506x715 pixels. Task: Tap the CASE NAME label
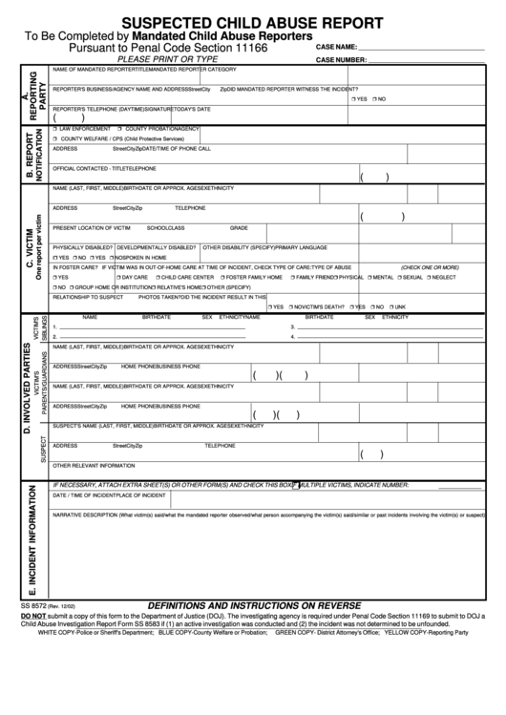[336, 47]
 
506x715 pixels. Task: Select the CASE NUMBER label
[341, 59]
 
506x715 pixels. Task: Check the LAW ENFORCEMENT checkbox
[55, 129]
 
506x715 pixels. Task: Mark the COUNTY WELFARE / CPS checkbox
[55, 138]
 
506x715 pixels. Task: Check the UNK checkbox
[389, 306]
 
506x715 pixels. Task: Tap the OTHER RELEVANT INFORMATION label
[94, 466]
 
